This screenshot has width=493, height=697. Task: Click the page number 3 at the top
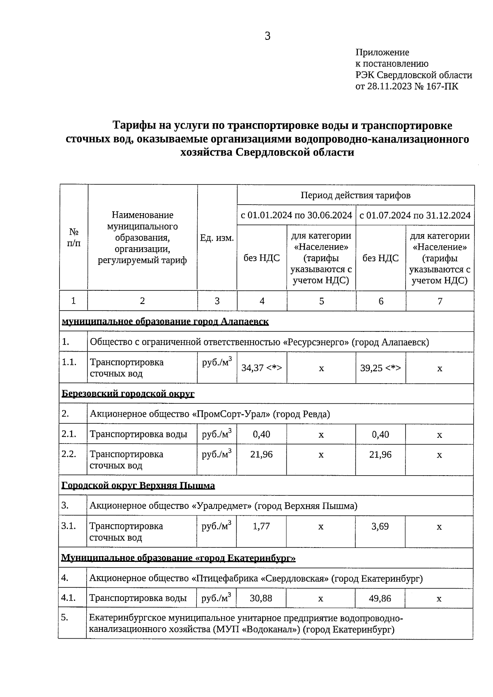click(x=267, y=37)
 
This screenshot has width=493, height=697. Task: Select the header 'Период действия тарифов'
click(x=355, y=196)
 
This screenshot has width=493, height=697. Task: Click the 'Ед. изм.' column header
click(x=217, y=238)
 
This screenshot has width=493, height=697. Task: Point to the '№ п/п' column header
click(x=74, y=237)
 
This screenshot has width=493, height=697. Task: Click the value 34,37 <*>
click(x=262, y=368)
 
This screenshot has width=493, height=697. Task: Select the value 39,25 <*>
click(x=380, y=368)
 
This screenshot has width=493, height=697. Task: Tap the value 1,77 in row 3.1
click(x=262, y=527)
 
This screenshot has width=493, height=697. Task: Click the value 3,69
click(x=380, y=527)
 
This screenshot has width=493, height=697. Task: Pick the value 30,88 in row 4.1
click(x=261, y=598)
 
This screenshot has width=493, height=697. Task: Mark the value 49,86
click(x=380, y=598)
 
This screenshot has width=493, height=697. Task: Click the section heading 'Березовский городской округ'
click(x=128, y=394)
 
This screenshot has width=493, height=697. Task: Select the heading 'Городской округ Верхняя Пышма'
click(x=138, y=486)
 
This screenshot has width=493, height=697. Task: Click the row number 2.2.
click(x=69, y=454)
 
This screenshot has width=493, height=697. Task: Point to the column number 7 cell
click(x=440, y=301)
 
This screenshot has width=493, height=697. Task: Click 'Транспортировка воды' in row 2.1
click(x=138, y=435)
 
